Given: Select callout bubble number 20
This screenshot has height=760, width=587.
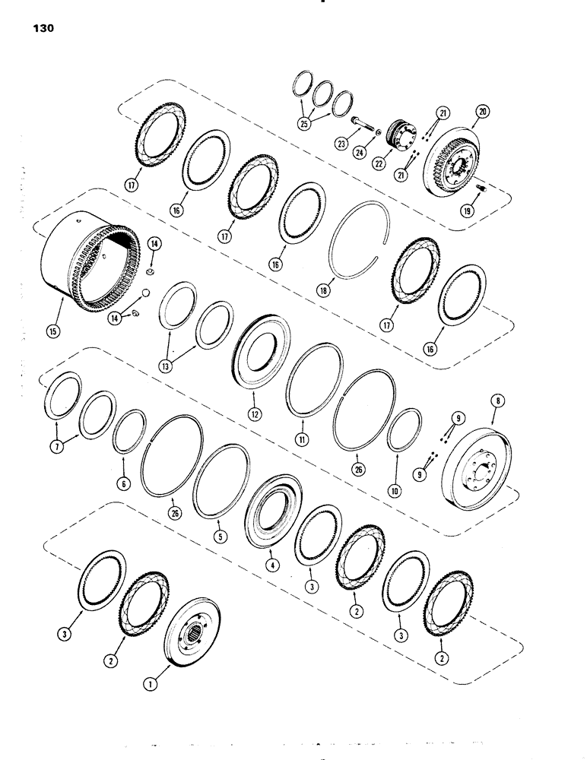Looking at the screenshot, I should pyautogui.click(x=481, y=111).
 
